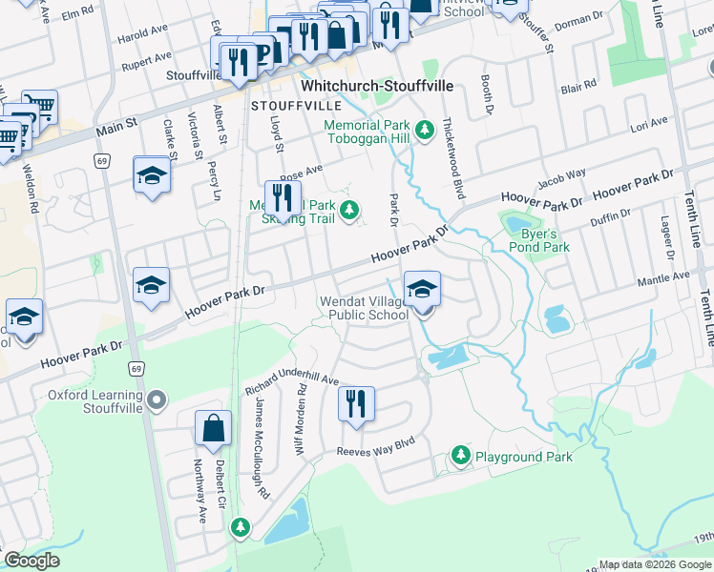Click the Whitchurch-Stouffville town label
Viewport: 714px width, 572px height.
(x=376, y=86)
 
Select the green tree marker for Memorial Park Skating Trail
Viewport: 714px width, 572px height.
(x=350, y=209)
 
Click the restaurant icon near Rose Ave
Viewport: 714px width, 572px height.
(x=282, y=197)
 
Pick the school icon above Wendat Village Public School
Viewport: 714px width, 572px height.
(x=422, y=286)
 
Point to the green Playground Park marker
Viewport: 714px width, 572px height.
(x=461, y=456)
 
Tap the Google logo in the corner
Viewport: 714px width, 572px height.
(x=31, y=561)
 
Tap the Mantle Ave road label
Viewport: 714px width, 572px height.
(x=665, y=277)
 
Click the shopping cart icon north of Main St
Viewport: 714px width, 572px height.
(x=39, y=105)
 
